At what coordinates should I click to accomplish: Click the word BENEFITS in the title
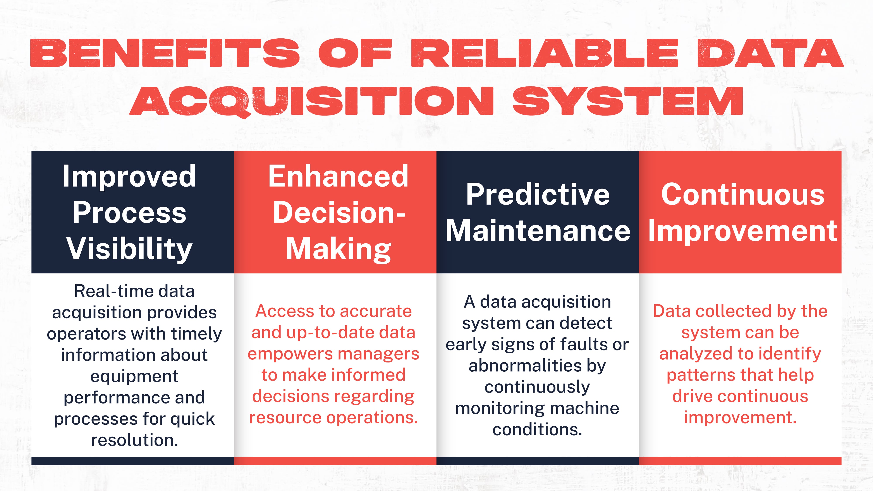pyautogui.click(x=165, y=53)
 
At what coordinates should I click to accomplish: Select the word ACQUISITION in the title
pyautogui.click(x=312, y=101)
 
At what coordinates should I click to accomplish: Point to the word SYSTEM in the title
pyautogui.click(x=628, y=101)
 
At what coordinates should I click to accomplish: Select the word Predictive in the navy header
pyautogui.click(x=538, y=194)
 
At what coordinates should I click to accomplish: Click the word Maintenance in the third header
pyautogui.click(x=538, y=231)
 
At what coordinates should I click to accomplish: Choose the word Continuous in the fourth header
pyautogui.click(x=742, y=194)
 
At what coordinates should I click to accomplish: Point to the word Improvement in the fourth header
pyautogui.click(x=742, y=231)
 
